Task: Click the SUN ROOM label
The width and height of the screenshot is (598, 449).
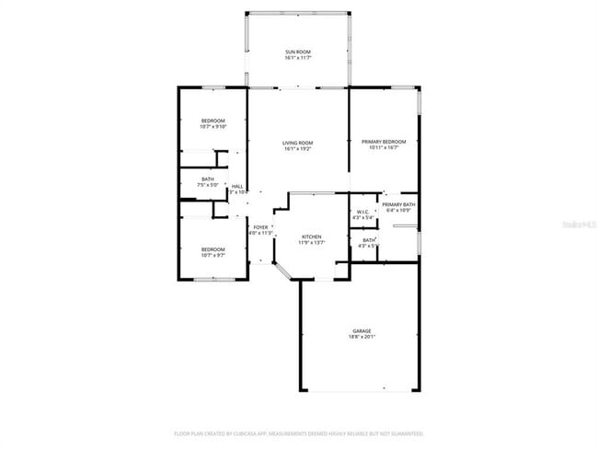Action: [297, 52]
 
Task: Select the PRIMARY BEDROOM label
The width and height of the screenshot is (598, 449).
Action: [385, 142]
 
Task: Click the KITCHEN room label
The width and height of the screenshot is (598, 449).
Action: [312, 236]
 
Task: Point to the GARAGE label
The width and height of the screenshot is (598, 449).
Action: [362, 330]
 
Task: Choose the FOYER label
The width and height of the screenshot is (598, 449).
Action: [261, 227]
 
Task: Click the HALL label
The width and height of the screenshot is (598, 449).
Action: [237, 186]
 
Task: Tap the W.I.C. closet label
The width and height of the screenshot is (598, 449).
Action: [362, 213]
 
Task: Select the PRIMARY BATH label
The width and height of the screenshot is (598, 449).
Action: [398, 204]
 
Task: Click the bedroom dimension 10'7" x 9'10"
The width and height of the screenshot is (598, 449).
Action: [213, 127]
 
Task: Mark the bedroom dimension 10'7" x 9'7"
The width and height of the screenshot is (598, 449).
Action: [213, 255]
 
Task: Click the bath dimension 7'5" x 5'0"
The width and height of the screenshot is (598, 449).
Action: [208, 185]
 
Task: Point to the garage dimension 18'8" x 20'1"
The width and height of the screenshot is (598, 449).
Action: [362, 337]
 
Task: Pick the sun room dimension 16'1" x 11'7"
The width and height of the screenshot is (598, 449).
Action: [297, 58]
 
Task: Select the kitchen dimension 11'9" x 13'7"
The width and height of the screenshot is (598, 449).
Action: [312, 243]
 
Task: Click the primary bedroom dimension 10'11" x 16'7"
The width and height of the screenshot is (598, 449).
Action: [385, 147]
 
